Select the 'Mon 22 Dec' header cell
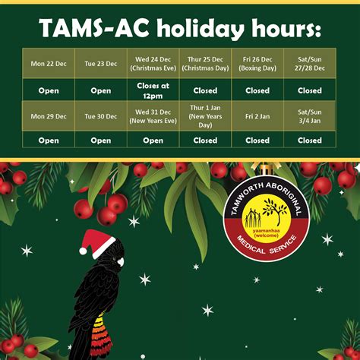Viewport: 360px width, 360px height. (49, 64)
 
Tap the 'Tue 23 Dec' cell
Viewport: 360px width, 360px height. (101, 64)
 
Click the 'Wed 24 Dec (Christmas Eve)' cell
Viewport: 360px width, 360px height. (153, 64)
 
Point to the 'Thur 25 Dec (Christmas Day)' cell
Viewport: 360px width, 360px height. (205, 64)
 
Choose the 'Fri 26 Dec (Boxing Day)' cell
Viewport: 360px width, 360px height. (257, 64)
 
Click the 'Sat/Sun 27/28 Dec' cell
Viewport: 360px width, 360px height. (310, 64)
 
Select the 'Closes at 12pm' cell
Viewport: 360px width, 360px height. (153, 90)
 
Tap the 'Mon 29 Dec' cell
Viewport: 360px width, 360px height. (49, 116)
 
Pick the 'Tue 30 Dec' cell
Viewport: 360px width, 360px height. (101, 116)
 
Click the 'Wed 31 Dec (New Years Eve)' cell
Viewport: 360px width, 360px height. (153, 116)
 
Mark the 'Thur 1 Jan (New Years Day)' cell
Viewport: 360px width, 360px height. (205, 116)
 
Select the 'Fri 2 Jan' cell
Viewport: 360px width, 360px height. (257, 116)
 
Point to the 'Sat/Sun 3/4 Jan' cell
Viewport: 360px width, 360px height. (310, 116)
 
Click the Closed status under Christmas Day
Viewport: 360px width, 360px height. (205, 90)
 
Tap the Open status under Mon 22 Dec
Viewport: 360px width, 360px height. (49, 90)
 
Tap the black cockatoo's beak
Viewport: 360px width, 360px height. (118, 263)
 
